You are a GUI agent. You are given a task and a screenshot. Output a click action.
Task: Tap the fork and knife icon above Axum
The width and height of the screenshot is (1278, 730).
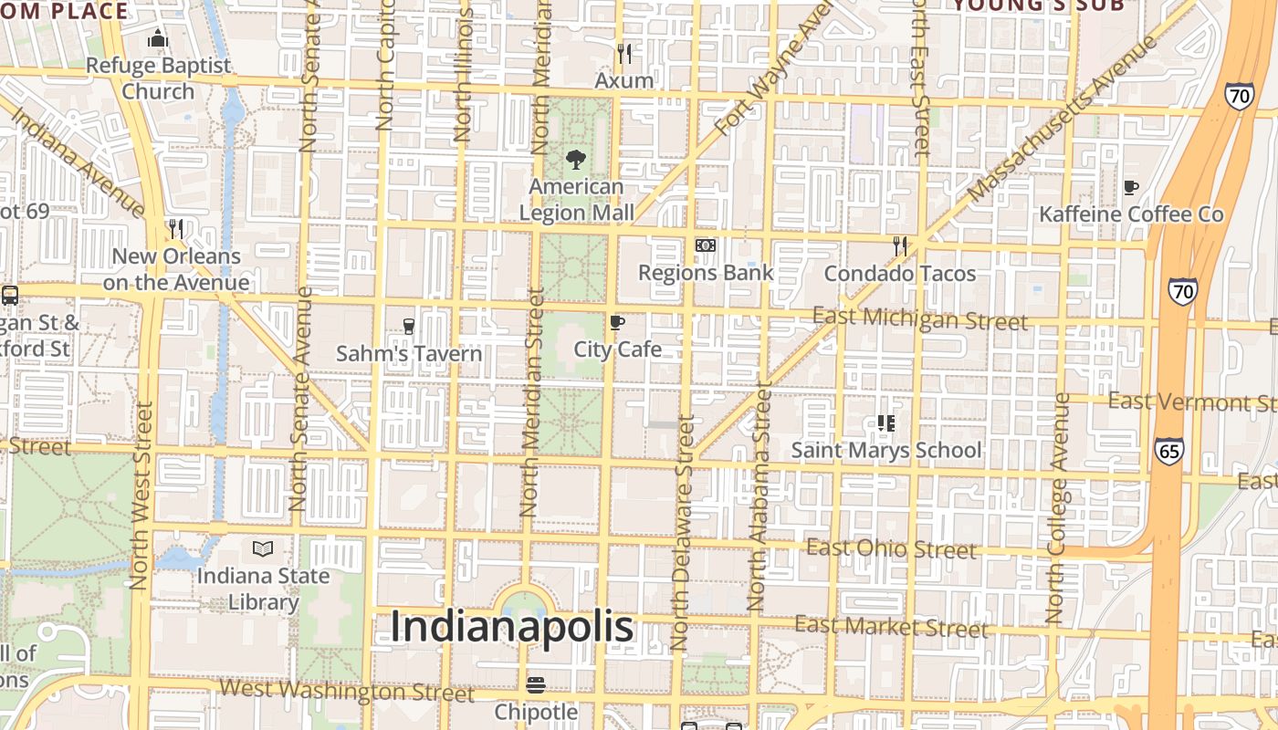coord(624,54)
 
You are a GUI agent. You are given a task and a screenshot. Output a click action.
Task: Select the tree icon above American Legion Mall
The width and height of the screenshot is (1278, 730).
coord(576,160)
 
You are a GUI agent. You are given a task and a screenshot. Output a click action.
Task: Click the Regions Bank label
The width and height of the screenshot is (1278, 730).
coord(706,272)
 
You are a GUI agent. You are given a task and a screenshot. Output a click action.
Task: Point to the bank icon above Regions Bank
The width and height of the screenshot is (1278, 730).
coord(706,245)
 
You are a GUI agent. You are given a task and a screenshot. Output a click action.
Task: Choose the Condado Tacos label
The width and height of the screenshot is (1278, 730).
coord(900,273)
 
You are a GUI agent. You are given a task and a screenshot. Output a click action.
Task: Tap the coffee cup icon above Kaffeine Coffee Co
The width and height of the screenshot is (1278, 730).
coord(1131,187)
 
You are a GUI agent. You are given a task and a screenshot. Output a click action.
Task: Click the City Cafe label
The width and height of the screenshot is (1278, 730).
coord(618,349)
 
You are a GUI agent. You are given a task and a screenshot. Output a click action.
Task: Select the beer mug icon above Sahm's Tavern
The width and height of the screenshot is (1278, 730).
coord(408,326)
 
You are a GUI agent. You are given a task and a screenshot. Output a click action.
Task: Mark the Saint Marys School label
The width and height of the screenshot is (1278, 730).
coord(886,450)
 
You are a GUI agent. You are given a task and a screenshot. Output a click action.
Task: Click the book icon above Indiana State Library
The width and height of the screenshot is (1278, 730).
coord(263,548)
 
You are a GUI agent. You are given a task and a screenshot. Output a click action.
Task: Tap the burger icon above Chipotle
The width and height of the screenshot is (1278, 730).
coord(536,684)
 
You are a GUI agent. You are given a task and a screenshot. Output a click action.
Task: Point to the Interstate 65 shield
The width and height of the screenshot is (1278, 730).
coord(1169,451)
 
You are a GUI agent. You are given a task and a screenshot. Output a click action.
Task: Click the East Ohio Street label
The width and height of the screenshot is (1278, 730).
coord(892,548)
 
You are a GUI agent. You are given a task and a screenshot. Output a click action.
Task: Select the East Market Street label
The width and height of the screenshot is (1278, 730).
coord(891,626)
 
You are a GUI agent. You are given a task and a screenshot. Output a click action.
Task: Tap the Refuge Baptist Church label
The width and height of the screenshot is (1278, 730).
coord(159,78)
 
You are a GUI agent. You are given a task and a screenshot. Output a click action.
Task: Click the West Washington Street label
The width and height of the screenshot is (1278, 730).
coord(348,691)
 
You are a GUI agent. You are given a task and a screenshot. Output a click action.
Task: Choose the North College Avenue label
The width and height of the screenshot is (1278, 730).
coord(1057,508)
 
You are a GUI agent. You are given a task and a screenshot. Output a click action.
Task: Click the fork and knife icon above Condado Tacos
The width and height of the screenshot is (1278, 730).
coord(900,245)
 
